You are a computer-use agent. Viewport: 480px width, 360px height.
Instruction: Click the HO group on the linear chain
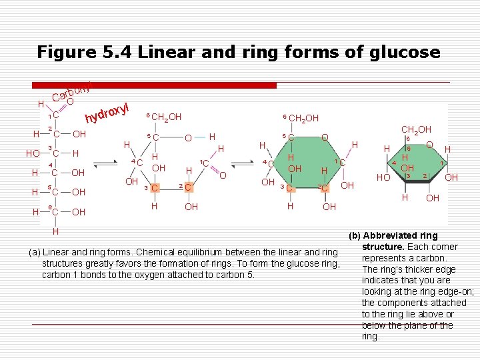click(33, 153)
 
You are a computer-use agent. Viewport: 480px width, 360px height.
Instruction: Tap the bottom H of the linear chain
click(56, 232)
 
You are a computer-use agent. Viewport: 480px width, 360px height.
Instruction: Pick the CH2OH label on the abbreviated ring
click(417, 129)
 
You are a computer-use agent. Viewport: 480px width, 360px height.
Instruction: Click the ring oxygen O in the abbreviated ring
click(430, 145)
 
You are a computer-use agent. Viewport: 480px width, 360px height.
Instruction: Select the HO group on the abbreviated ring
click(383, 178)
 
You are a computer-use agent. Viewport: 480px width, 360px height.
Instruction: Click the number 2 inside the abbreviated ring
click(424, 175)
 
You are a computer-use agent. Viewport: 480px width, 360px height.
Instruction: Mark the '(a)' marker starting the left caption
click(34, 252)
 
